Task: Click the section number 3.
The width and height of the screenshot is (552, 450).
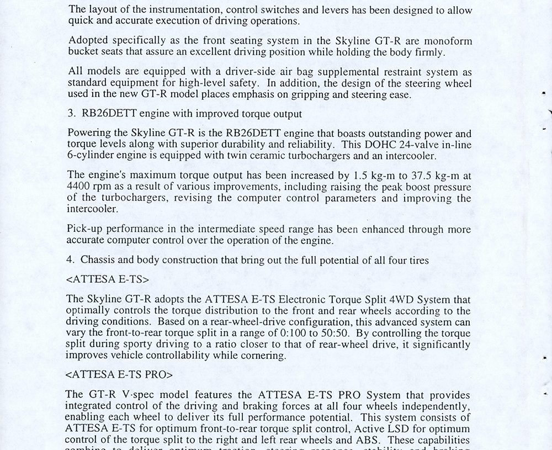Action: pos(69,115)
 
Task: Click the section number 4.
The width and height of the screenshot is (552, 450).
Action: pos(69,260)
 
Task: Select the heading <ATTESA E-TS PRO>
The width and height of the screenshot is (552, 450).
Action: pos(119,374)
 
